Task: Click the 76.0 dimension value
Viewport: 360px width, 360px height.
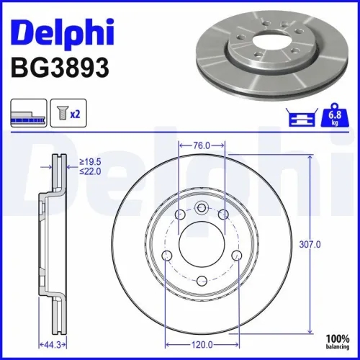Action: (x=202, y=145)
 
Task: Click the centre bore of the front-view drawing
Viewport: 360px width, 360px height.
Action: (x=202, y=245)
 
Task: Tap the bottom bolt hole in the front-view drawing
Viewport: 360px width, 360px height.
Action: (x=202, y=282)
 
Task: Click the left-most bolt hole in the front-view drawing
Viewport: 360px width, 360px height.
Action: (x=167, y=256)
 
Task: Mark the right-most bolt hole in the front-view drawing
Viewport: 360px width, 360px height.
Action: (x=237, y=256)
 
